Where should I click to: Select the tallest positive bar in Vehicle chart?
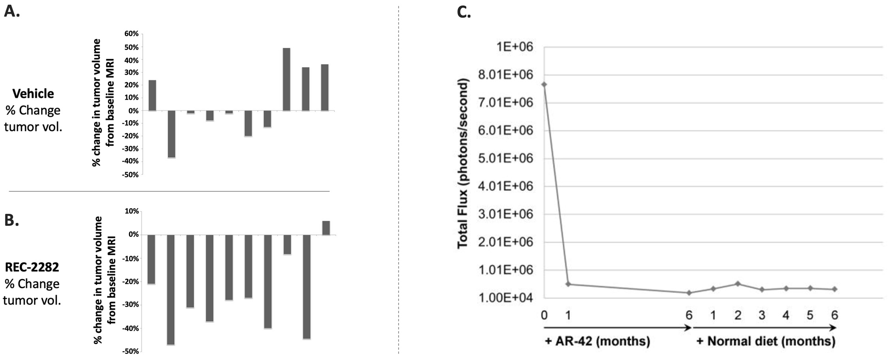click(x=286, y=79)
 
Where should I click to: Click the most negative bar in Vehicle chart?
click(x=171, y=134)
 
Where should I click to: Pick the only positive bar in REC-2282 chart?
click(x=326, y=228)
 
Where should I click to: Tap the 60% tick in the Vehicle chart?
click(x=132, y=34)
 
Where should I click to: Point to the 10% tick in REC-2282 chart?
click(x=132, y=211)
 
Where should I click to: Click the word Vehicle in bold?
click(x=33, y=94)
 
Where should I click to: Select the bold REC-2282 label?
click(x=32, y=267)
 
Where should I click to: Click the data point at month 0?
click(x=544, y=85)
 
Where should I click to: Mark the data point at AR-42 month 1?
click(x=568, y=284)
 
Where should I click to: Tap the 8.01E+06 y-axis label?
click(x=505, y=75)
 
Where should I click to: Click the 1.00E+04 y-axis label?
click(x=505, y=298)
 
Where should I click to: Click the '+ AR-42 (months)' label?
click(x=597, y=341)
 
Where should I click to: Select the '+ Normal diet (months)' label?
click(x=765, y=341)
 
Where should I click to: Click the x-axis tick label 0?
click(x=544, y=315)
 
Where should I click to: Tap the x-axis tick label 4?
click(x=786, y=315)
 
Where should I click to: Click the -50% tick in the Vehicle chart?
click(x=131, y=174)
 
